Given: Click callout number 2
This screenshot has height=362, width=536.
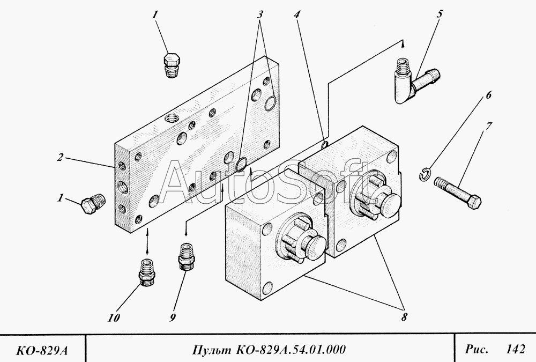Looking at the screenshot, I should [61, 158].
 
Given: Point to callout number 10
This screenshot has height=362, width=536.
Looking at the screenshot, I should [113, 318].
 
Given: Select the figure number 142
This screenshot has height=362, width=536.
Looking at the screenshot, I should [515, 349].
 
